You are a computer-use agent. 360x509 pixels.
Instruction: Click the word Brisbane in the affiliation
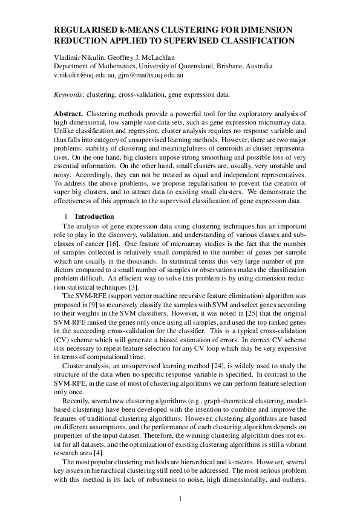[242, 66]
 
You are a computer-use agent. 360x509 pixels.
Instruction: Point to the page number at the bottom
[180, 481]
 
